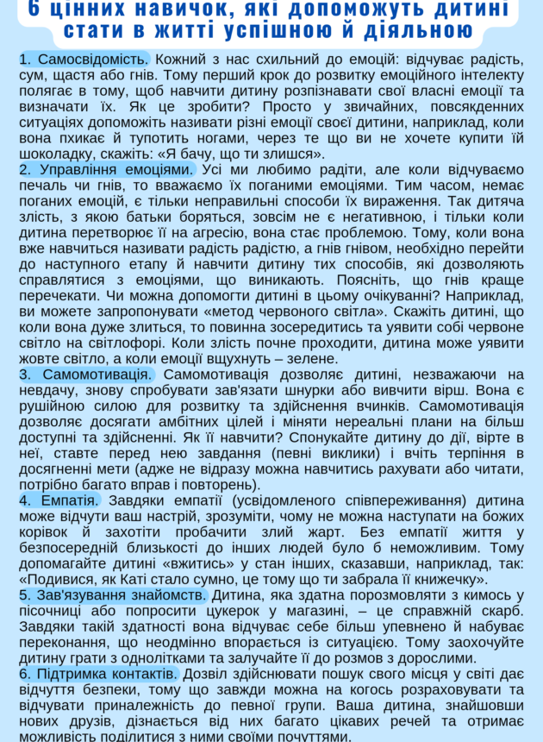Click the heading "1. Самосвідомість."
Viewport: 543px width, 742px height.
pos(84,60)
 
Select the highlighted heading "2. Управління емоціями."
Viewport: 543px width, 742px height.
pos(107,169)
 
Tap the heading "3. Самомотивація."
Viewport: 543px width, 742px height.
pos(86,374)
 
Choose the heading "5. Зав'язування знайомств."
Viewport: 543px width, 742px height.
pos(113,594)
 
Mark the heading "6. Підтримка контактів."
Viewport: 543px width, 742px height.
pos(98,674)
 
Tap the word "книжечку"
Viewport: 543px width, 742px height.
pos(446,579)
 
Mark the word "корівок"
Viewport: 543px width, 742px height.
pos(48,531)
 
